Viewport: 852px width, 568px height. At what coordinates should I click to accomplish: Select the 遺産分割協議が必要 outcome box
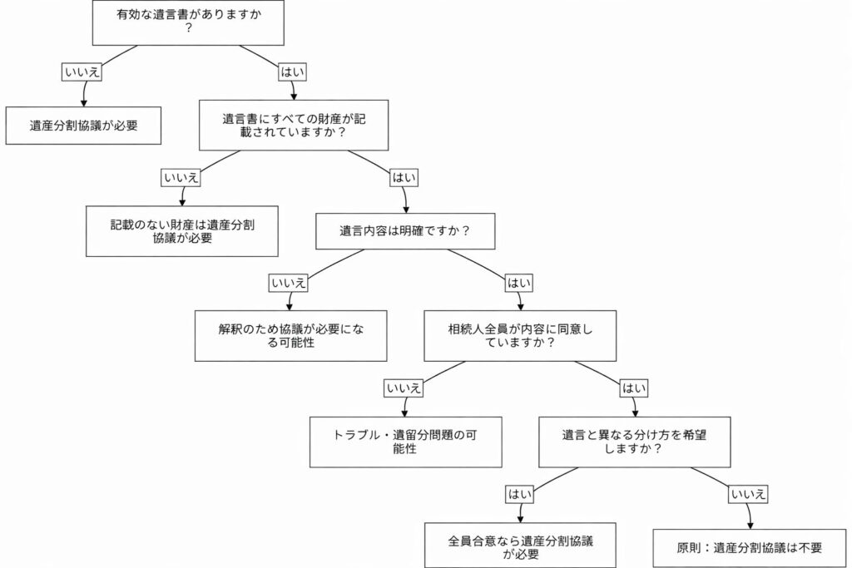(x=83, y=126)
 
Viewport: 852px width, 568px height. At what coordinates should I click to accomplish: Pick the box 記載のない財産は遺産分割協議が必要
(x=182, y=231)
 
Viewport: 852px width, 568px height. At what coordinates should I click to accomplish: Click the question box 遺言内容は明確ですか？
(x=405, y=230)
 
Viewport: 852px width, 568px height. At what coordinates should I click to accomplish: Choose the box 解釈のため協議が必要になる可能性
(x=291, y=336)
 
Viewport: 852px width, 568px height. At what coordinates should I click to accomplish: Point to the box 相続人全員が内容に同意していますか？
(x=520, y=336)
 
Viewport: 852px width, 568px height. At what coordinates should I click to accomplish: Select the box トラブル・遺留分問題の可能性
(x=406, y=442)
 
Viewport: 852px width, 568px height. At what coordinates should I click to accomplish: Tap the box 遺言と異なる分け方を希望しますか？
(x=635, y=442)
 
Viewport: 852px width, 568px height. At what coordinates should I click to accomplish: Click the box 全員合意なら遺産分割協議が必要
(x=521, y=546)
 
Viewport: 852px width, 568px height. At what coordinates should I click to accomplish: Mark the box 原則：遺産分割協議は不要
(x=750, y=548)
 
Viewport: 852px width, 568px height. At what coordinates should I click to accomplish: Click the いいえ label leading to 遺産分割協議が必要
(x=82, y=72)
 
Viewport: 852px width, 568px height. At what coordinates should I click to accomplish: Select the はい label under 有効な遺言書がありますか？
(x=292, y=72)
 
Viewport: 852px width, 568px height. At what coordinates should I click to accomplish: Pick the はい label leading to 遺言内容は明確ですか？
(x=404, y=177)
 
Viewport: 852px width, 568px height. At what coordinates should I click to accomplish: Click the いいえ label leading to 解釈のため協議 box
(x=290, y=283)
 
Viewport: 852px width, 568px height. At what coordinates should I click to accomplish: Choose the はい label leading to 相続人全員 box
(x=520, y=283)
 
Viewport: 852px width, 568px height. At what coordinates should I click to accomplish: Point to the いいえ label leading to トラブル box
(x=404, y=388)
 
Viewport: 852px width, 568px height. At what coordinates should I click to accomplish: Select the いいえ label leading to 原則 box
(x=749, y=494)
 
